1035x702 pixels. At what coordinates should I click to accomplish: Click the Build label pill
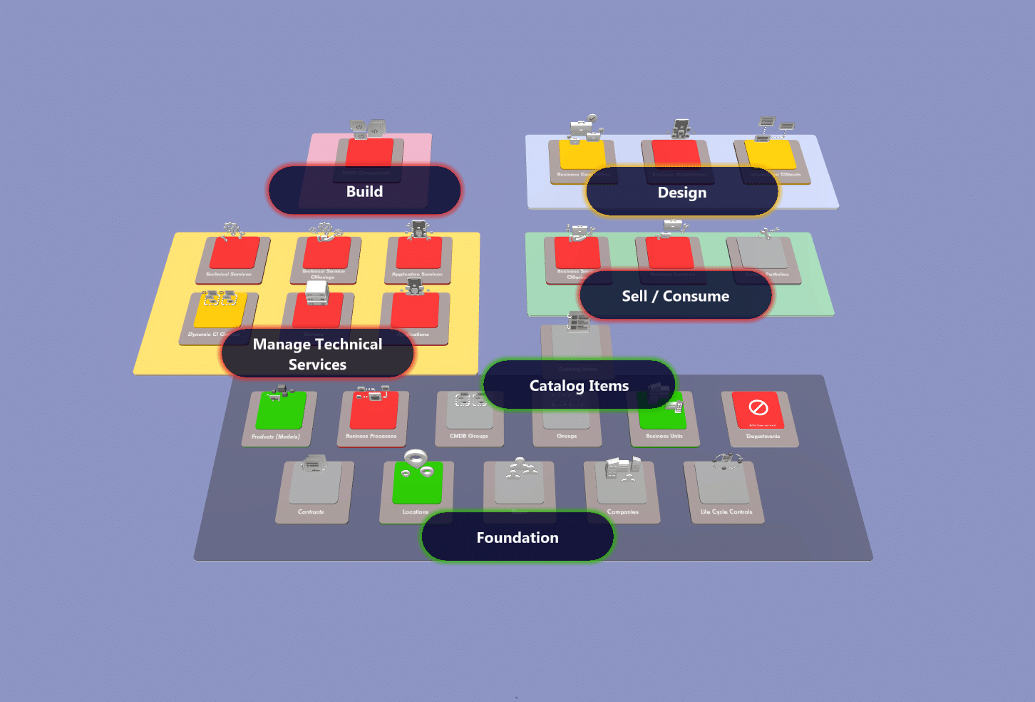click(x=364, y=191)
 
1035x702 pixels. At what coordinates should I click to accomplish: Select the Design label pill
click(x=681, y=193)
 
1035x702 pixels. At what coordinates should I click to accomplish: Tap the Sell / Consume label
click(x=675, y=296)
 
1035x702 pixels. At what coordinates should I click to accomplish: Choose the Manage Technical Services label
click(x=317, y=354)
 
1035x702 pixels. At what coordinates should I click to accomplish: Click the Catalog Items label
click(x=579, y=385)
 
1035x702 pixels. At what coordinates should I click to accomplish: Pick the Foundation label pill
click(x=517, y=537)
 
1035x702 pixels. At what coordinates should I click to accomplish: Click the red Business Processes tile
click(x=374, y=412)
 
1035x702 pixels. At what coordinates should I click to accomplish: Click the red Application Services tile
click(x=419, y=254)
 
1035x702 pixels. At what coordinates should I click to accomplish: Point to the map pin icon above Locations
click(x=416, y=457)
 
